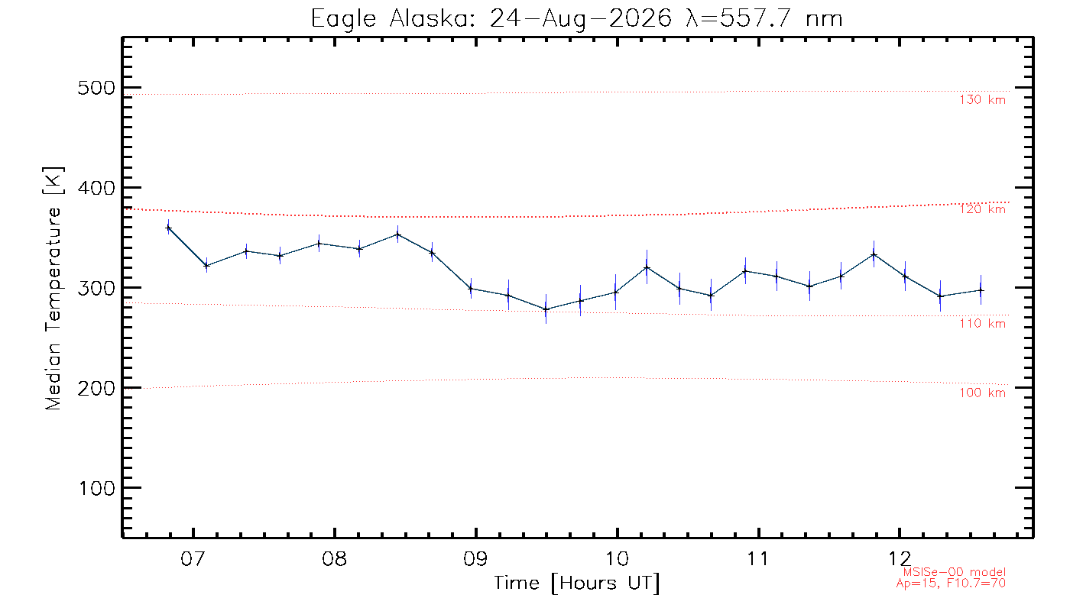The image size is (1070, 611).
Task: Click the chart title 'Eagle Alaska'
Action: [391, 20]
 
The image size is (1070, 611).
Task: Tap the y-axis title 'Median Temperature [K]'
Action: [53, 289]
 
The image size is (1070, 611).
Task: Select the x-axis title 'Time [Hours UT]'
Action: [577, 584]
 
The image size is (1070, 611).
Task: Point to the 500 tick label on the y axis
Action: [96, 88]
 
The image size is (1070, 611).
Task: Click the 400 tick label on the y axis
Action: [96, 188]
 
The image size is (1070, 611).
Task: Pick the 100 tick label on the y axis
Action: [96, 488]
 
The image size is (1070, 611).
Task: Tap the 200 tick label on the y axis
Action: [96, 388]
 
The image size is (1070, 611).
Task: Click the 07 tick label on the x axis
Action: [193, 558]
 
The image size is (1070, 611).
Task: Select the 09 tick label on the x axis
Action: [475, 558]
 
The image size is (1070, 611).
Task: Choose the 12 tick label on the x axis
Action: [900, 558]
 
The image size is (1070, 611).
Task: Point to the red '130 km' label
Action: [982, 100]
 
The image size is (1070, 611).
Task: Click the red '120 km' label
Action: [982, 209]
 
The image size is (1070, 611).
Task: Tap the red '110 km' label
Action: [982, 324]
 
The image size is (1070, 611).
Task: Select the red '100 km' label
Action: [982, 393]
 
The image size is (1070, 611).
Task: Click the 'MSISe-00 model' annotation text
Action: [954, 572]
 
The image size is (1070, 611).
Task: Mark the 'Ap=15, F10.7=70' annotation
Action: [951, 584]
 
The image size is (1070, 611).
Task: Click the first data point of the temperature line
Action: [168, 228]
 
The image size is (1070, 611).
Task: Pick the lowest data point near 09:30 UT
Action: [546, 309]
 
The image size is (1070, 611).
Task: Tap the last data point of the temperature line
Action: [981, 290]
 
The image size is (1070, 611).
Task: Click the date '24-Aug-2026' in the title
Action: [581, 20]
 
